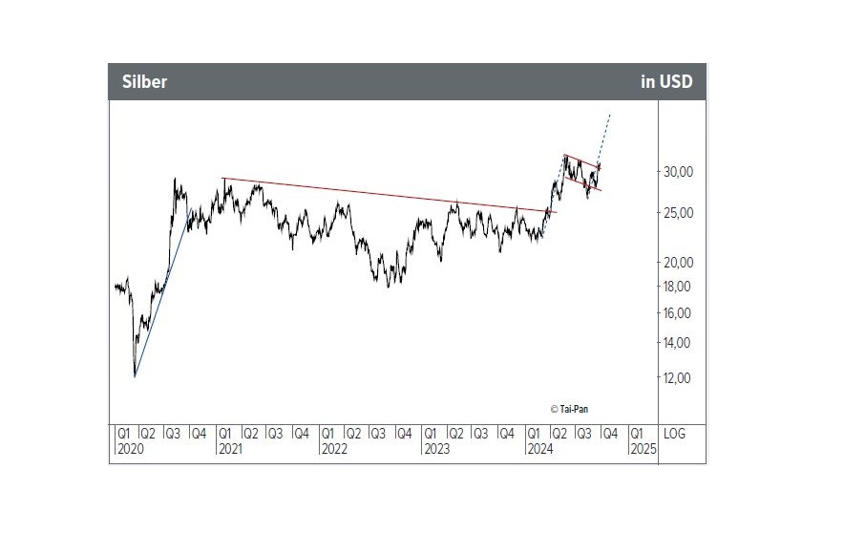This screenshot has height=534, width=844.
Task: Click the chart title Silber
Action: (144, 82)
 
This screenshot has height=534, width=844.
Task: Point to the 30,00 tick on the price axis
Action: (678, 172)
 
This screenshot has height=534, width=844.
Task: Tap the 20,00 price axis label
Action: (678, 262)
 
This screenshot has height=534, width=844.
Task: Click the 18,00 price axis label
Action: (678, 287)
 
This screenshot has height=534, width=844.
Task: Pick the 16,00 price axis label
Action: (678, 313)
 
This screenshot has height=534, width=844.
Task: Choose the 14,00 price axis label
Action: (678, 343)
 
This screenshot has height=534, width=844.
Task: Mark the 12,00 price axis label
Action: (678, 378)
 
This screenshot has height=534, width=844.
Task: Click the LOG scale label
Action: (675, 434)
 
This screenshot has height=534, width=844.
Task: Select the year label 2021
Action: (232, 448)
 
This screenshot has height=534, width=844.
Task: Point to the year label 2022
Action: (335, 448)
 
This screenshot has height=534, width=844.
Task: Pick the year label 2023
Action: (438, 448)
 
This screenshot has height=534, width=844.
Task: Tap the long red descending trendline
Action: (382, 193)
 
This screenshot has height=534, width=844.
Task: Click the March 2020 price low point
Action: (135, 375)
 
